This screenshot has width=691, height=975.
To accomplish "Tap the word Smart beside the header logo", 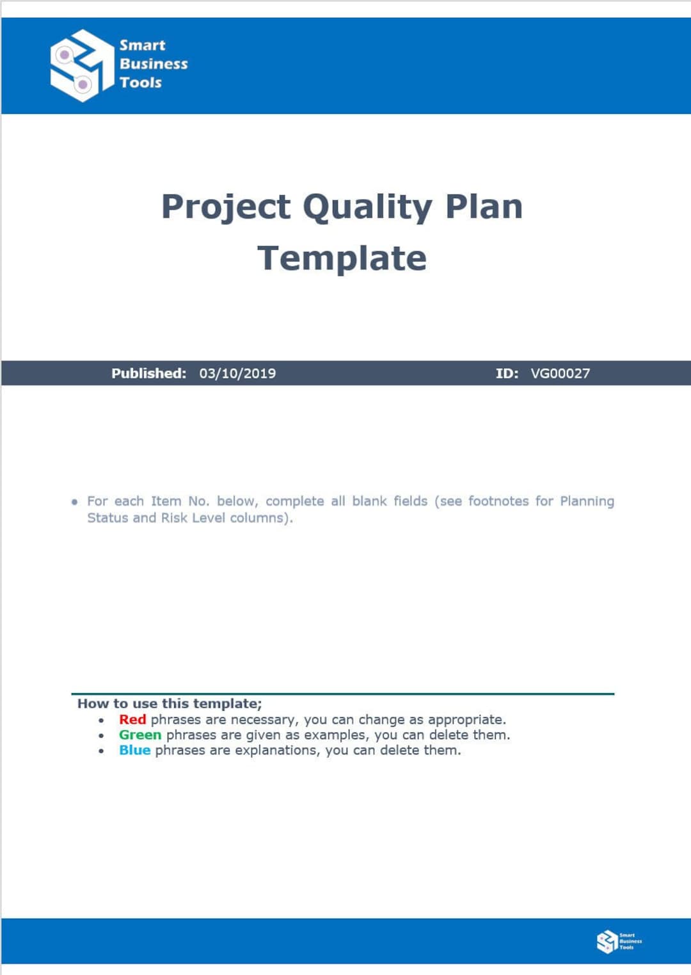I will tap(142, 45).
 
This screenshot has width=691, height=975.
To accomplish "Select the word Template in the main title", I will tap(342, 259).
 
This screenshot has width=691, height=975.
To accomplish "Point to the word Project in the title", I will tap(226, 208).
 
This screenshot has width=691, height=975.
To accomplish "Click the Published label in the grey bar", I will tap(148, 373).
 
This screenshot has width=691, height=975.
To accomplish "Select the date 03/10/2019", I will tap(237, 373).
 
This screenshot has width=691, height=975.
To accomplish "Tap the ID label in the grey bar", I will tap(507, 373).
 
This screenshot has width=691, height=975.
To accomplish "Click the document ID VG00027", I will tap(560, 373).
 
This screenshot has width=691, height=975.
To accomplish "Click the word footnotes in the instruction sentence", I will tap(498, 501).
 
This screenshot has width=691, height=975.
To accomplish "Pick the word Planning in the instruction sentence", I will tap(587, 501).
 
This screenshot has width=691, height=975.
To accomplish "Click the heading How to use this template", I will tap(170, 703).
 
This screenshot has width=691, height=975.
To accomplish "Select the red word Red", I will tap(132, 719).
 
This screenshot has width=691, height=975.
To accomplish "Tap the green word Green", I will tap(140, 735).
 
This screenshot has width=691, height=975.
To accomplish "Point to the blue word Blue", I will tap(134, 750).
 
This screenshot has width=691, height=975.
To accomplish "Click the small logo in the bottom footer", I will tap(618, 941).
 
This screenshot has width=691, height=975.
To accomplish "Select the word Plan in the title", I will tap(484, 208).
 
